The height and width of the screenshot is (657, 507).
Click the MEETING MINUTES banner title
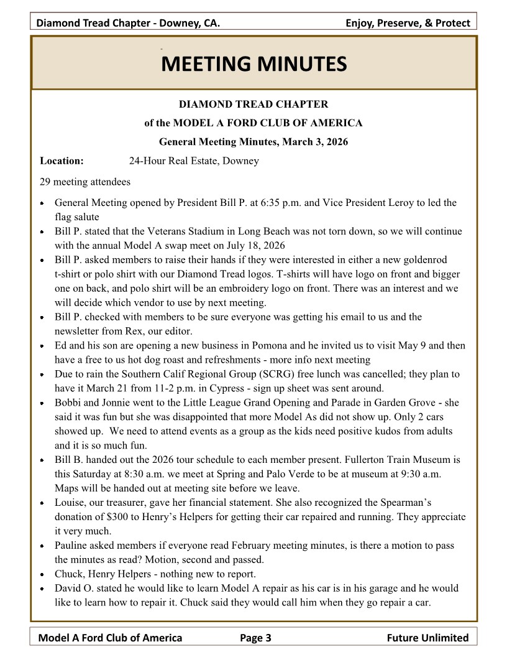click(x=253, y=63)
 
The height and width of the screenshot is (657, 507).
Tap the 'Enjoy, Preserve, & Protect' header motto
click(x=408, y=24)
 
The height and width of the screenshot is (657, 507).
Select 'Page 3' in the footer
click(x=255, y=637)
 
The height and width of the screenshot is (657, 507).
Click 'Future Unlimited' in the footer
click(x=427, y=637)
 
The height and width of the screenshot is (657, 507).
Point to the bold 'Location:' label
click(x=62, y=161)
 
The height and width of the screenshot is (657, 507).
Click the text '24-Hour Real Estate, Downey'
click(x=194, y=161)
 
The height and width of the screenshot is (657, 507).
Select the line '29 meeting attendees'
click(x=85, y=182)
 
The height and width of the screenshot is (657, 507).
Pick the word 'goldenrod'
click(x=423, y=259)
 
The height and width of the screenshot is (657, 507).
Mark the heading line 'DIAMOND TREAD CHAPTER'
click(x=253, y=104)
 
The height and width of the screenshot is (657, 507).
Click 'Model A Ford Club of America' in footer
click(x=111, y=637)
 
